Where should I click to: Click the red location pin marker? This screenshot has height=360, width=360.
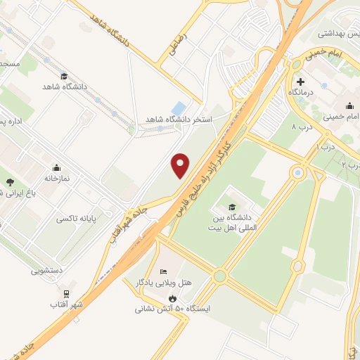click(x=181, y=165)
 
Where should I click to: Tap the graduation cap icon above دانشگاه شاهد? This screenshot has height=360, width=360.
click(x=64, y=77)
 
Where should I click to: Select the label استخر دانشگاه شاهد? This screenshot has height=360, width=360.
click(x=178, y=120)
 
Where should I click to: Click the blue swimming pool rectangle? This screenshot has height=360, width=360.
click(x=179, y=108)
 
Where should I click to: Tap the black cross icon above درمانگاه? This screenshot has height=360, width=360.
click(x=300, y=82)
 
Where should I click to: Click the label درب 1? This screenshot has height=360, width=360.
click(x=323, y=148)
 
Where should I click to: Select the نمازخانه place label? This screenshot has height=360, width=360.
click(x=57, y=179)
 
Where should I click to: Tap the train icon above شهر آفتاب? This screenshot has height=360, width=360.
click(x=66, y=293)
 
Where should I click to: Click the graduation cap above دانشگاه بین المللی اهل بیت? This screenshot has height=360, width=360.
click(x=232, y=207)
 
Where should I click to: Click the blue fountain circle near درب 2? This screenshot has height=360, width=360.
click(x=298, y=172)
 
